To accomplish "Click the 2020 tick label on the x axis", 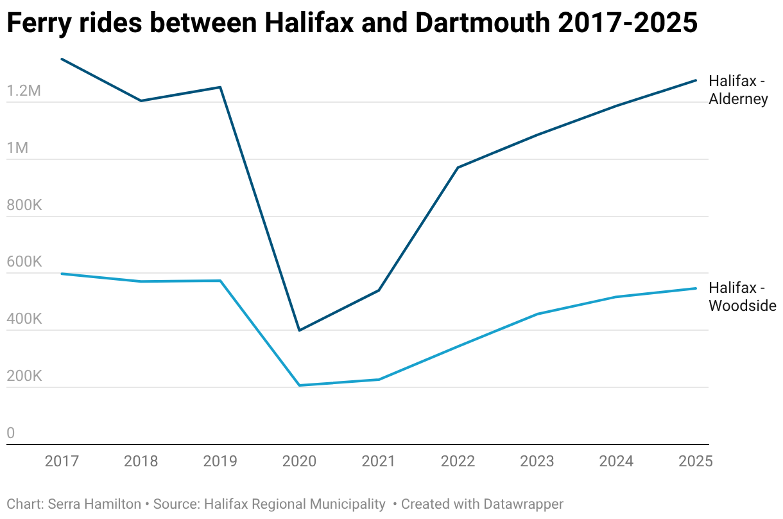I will pos(299,461).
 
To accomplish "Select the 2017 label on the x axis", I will pos(62,461).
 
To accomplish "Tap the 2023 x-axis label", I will pos(537,461).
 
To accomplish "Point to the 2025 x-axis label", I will pos(695,461).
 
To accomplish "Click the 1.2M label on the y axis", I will pos(24,91).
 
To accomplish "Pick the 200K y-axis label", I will pos(24,376).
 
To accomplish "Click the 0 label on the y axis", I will pos(10,434).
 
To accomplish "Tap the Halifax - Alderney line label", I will pos(738,90).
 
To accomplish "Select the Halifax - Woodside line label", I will pos(742,297).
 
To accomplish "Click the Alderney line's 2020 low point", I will pos(299,330).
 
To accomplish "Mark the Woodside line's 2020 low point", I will pos(299,385).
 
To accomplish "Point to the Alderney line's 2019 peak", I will pos(220,87).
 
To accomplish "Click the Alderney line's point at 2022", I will pos(458,168).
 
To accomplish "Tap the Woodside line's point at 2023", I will pos(537,314).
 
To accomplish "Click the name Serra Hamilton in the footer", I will pos(94,504).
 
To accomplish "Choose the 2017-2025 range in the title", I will pos(627,24).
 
